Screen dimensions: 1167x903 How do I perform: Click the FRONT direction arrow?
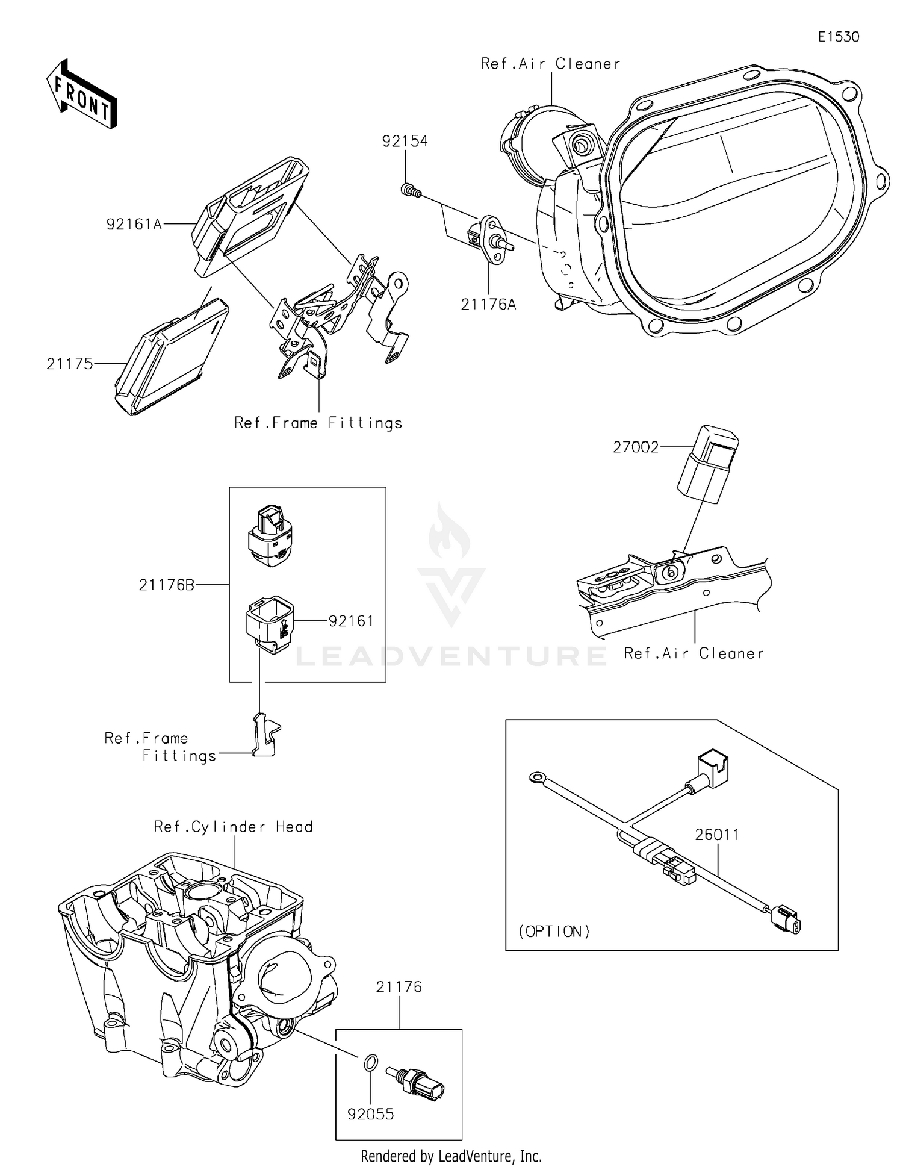click(x=81, y=95)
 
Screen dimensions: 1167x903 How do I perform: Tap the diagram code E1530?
click(x=838, y=37)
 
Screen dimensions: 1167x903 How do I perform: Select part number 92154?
click(x=405, y=141)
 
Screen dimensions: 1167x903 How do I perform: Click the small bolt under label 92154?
click(x=409, y=191)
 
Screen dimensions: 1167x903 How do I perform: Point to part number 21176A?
click(x=488, y=305)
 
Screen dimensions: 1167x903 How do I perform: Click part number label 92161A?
click(x=134, y=225)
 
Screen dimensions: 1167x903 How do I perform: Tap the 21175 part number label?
click(x=70, y=364)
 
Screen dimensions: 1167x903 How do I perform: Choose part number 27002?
click(x=636, y=447)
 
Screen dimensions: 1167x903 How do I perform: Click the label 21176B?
click(x=167, y=585)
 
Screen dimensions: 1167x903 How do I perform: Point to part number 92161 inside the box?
click(x=351, y=621)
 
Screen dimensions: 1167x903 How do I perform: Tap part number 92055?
click(x=371, y=1114)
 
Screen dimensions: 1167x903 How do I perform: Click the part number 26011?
click(x=717, y=835)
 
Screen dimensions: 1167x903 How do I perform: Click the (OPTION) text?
click(x=554, y=932)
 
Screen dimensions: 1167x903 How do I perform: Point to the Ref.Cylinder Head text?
click(x=233, y=827)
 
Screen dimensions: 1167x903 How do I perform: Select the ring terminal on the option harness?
click(x=535, y=778)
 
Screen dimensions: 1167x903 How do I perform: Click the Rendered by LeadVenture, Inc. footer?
click(x=451, y=1156)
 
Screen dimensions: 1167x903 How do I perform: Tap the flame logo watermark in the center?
click(x=450, y=531)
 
